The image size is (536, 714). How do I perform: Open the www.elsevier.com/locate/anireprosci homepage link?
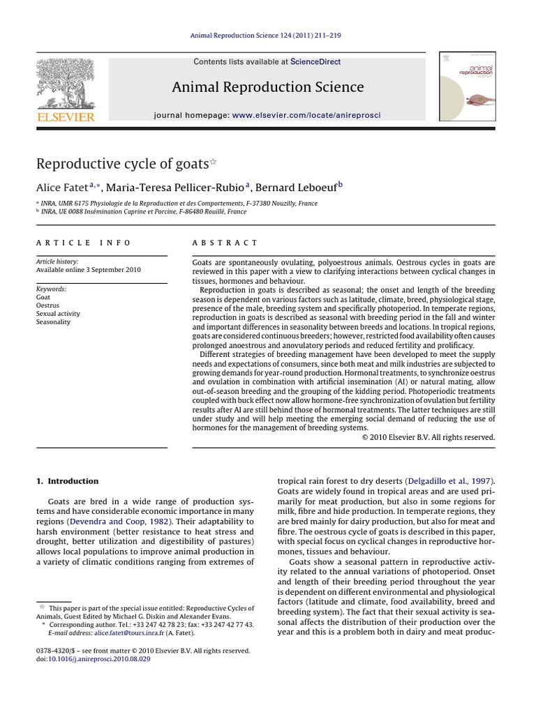[306, 114]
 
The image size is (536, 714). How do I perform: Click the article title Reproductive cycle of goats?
[122, 164]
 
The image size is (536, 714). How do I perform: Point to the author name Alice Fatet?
[61, 187]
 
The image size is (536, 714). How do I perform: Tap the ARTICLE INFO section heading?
[83, 243]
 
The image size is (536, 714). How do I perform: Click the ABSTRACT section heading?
[225, 243]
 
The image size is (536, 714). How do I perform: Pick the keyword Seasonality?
[53, 322]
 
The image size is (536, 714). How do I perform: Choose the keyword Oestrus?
[47, 305]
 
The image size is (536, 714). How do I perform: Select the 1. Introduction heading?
[67, 481]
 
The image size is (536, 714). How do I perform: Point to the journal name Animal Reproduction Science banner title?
[268, 87]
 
